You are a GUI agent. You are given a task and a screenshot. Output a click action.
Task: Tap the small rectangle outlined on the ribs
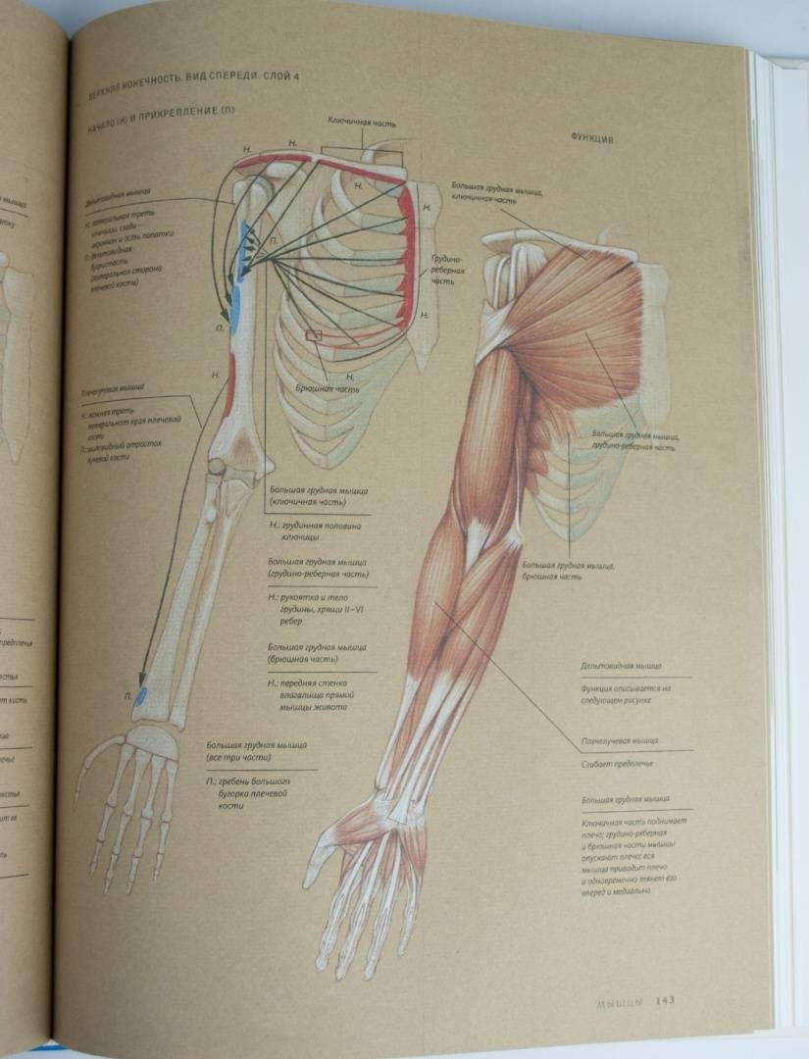(314, 335)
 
